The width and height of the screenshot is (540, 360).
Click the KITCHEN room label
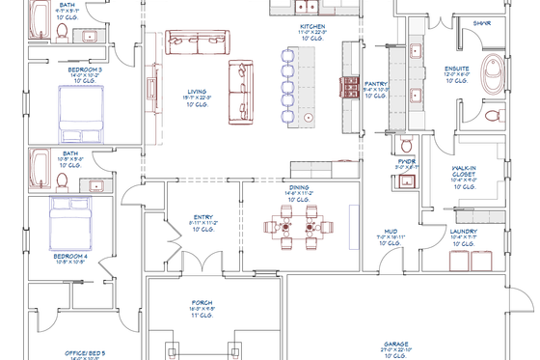coord(311,27)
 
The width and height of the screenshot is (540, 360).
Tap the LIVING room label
coord(197,94)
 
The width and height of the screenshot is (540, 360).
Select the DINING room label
coord(299,187)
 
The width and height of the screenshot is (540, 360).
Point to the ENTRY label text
coord(202,217)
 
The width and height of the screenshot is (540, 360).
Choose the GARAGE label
coord(396,344)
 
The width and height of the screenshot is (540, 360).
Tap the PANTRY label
coord(376,84)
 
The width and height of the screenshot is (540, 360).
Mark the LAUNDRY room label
coord(463,232)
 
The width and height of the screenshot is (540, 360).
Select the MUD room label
coord(391,232)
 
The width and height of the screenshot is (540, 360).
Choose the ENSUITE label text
coord(456,69)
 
